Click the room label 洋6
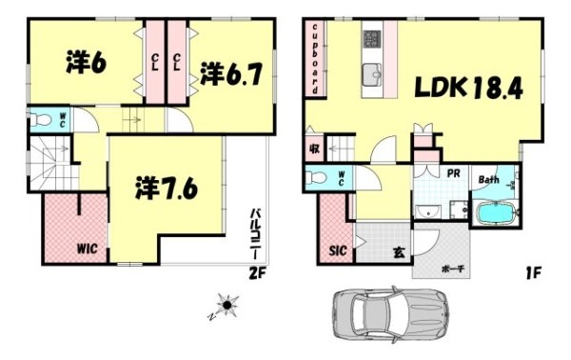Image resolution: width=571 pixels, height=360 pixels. tap(87, 63)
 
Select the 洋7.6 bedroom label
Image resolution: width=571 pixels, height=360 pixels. tap(166, 187)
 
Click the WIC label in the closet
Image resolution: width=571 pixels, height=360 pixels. tap(87, 250)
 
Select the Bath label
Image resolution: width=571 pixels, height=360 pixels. tap(489, 180)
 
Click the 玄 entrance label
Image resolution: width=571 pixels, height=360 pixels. tap(399, 251)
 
